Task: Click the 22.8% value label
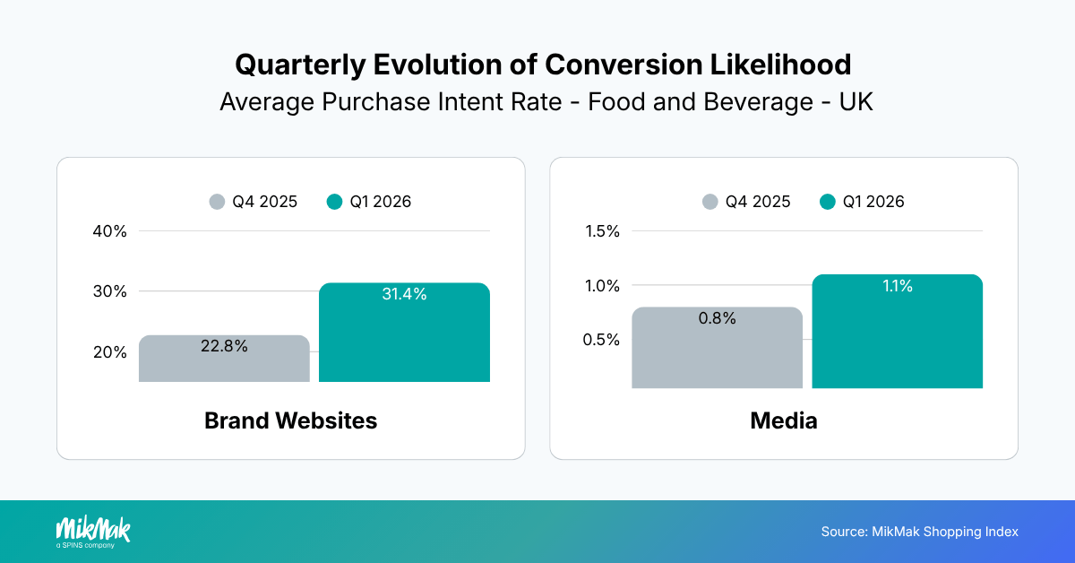(225, 346)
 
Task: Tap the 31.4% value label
(404, 294)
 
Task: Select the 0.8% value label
(717, 318)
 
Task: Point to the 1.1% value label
(897, 286)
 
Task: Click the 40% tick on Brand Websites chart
(110, 231)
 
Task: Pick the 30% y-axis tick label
(110, 291)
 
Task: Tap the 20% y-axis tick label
(110, 352)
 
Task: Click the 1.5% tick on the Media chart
(602, 231)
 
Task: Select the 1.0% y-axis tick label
(602, 286)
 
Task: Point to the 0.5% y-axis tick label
(602, 340)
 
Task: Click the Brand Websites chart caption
(290, 420)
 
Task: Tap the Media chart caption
(784, 420)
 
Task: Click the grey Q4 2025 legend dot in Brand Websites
(217, 202)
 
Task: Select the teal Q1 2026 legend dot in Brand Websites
(334, 202)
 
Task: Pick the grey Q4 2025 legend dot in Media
(710, 202)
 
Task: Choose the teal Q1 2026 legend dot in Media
(828, 202)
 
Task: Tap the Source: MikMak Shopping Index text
(919, 532)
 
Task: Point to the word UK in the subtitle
(856, 102)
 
